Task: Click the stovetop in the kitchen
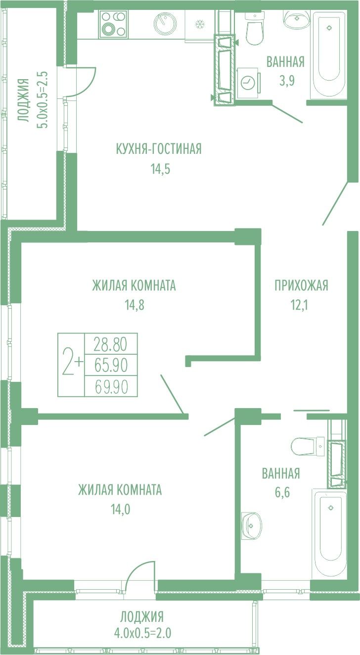coord(113,24)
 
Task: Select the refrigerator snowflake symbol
coord(200,24)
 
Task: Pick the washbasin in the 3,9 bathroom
coord(297,18)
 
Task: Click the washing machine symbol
coord(248,83)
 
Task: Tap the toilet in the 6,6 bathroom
coord(308,447)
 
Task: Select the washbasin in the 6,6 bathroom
coord(251,525)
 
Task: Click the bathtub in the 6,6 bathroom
coord(330,533)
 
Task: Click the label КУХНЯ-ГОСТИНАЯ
coord(159,149)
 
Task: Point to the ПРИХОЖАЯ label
coord(301,285)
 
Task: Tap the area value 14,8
coord(135,305)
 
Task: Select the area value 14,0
coord(120,510)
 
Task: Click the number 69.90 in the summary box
coord(111,387)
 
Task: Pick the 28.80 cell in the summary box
coord(110,344)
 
